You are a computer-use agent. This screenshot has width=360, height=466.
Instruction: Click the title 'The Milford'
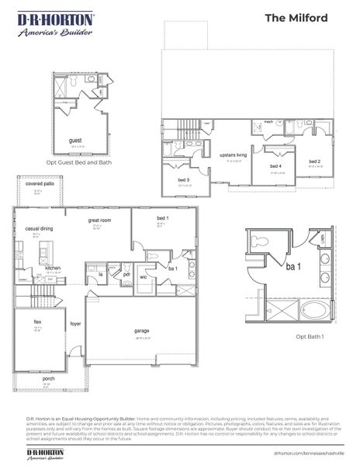pos(307,17)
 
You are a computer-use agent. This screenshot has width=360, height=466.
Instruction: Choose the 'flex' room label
pos(37,322)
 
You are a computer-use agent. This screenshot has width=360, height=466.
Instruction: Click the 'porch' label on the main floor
pos(47,380)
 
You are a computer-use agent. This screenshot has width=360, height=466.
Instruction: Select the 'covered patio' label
pos(39,186)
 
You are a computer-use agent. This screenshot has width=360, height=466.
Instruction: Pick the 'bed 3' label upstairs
pos(185,180)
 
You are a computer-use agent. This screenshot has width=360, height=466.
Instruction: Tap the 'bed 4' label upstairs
pos(275,166)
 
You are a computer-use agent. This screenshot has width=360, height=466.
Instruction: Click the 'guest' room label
pos(75,141)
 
